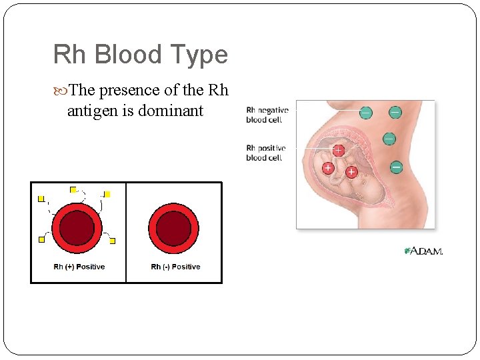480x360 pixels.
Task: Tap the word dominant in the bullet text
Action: (x=170, y=111)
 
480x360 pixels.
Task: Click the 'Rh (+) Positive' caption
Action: (x=79, y=267)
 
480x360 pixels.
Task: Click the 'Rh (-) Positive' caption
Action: (x=175, y=267)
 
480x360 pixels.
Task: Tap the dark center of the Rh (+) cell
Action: (x=77, y=227)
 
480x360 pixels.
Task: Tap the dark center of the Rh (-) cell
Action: (x=174, y=227)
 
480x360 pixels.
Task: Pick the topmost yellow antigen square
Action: (x=73, y=190)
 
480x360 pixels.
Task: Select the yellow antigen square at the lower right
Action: (x=113, y=241)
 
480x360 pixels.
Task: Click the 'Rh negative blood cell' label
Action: (x=267, y=115)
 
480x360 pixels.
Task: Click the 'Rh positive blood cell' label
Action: (x=265, y=153)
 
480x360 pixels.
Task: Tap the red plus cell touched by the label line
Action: (x=338, y=151)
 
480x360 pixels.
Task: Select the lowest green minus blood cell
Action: (x=395, y=167)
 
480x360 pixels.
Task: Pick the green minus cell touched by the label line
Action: (x=366, y=113)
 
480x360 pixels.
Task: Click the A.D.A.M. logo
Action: (x=423, y=251)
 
